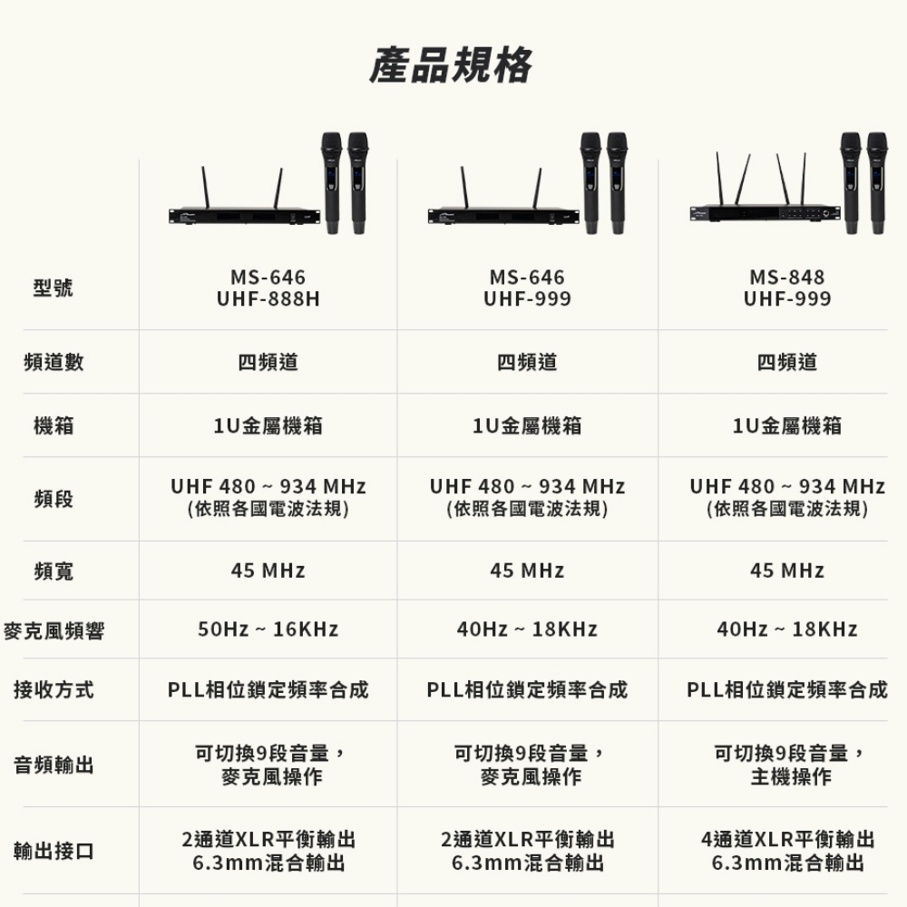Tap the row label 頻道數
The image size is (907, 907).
(x=54, y=362)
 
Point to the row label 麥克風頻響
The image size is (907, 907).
(x=54, y=630)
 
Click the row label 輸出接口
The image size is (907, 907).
(x=54, y=852)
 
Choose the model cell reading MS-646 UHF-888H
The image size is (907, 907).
(x=268, y=288)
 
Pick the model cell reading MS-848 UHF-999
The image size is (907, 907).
(x=787, y=288)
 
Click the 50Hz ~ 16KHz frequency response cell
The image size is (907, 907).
(x=268, y=629)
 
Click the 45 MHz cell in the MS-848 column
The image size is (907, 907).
(x=787, y=571)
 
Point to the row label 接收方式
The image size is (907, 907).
(x=54, y=691)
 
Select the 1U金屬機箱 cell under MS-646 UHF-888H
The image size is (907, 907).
(x=268, y=424)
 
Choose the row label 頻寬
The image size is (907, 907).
(x=54, y=571)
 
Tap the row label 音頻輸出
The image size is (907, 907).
(x=54, y=766)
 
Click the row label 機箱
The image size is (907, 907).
(x=54, y=424)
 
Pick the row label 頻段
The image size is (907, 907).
(x=54, y=499)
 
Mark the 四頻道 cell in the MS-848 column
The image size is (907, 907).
(x=787, y=362)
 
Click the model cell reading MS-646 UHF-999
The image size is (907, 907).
(x=527, y=288)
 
